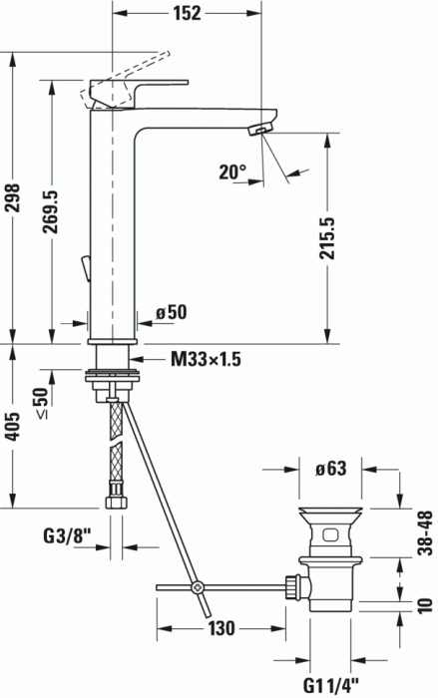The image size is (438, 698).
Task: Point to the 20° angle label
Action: coord(232,172)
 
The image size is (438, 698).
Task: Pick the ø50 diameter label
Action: coord(173,313)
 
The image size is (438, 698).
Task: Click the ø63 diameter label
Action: coord(331,468)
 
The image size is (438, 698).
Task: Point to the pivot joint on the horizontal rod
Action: coord(199,586)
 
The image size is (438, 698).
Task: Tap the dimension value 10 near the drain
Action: coord(425,604)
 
